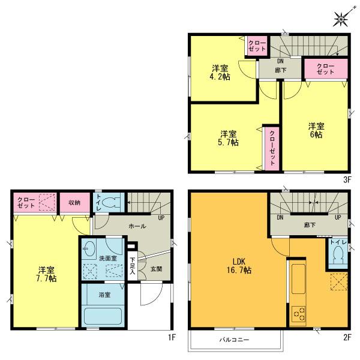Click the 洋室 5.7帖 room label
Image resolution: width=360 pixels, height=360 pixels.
click(228, 137)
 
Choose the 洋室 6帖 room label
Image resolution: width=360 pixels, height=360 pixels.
click(316, 130)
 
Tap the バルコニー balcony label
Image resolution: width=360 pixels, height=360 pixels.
click(234, 340)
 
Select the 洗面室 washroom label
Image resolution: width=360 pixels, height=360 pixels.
click(108, 258)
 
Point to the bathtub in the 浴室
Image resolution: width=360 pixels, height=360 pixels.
click(103, 316)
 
